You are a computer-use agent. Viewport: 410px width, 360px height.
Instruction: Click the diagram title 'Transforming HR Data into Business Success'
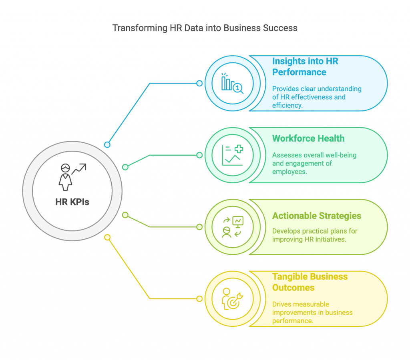pos(205,28)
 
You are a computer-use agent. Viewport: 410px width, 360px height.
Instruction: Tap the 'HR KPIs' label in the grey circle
pos(72,202)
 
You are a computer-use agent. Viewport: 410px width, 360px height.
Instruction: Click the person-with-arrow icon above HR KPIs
pos(72,177)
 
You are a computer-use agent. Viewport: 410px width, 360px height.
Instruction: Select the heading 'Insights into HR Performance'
pos(305,67)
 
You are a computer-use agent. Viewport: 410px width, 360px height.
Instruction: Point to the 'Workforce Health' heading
pos(308,138)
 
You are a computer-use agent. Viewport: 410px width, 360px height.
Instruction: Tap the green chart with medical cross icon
pos(233,155)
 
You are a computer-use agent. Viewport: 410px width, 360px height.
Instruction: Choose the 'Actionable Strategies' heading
pos(317,216)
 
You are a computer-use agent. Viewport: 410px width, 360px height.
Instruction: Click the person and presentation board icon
pos(233,227)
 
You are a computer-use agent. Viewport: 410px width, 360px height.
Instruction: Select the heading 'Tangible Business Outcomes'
pos(310,282)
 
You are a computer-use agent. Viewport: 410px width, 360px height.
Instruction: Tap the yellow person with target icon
pos(233,299)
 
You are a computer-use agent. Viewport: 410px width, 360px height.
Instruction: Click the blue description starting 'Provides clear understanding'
pos(317,97)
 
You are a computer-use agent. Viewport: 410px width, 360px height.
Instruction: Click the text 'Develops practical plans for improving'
pos(315,235)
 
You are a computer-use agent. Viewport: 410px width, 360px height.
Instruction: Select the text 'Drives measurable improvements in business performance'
pos(312,312)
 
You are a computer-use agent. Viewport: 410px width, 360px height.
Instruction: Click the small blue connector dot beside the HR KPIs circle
pos(107,144)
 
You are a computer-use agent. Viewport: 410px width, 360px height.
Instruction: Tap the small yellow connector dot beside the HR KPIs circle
pos(107,237)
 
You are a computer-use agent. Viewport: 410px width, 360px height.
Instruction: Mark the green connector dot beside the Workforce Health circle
pos(199,155)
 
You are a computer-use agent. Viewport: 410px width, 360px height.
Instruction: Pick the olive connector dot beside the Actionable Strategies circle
pos(199,227)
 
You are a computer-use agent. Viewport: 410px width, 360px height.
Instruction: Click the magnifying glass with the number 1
pos(238,88)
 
